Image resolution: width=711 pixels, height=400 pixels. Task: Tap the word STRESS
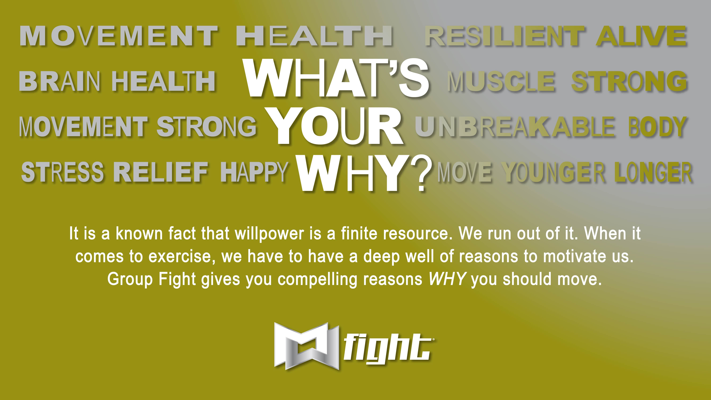click(x=62, y=172)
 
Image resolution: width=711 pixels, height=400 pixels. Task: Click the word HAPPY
click(x=254, y=172)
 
